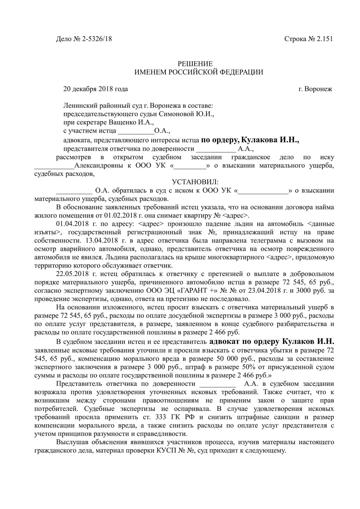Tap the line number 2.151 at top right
point(324,39)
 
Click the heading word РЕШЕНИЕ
point(195,64)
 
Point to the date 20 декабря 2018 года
point(96,89)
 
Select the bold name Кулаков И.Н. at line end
point(308,341)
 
